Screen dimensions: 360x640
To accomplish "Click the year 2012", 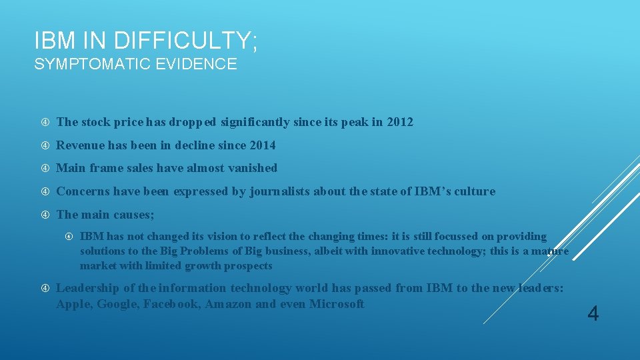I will point(399,122).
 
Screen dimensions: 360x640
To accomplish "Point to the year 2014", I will point(262,145).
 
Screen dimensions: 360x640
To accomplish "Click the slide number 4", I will point(593,313).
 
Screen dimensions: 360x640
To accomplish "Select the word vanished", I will point(252,168).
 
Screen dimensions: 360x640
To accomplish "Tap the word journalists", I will point(279,192).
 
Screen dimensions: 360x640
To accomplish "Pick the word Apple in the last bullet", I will point(73,305).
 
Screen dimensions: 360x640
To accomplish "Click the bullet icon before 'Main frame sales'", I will point(44,168).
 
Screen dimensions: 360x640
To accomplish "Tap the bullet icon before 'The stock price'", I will point(44,122).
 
